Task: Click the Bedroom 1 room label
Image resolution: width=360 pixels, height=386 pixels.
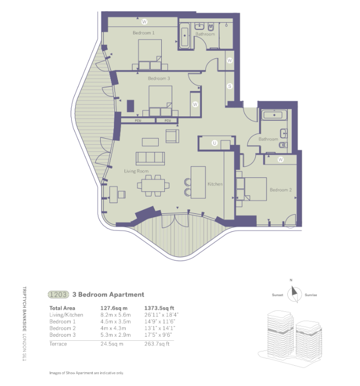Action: (x=143, y=33)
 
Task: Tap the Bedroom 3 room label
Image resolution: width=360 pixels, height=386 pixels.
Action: (x=159, y=79)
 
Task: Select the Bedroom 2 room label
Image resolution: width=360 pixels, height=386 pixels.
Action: (x=280, y=190)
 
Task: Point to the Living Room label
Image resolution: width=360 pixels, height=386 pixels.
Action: (x=136, y=171)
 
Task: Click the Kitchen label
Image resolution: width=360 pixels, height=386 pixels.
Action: (x=215, y=184)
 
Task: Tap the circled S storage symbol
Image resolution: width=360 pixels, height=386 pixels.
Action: (x=229, y=86)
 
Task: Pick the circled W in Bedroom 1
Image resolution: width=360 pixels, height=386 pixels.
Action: (x=144, y=21)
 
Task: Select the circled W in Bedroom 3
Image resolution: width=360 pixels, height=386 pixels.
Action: (x=195, y=105)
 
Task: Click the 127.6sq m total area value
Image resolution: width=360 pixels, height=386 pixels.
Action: (x=113, y=308)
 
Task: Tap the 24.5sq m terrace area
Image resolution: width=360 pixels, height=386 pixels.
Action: (x=111, y=344)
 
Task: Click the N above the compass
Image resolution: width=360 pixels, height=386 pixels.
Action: (x=291, y=280)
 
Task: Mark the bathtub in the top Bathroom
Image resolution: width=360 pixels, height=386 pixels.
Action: (x=185, y=36)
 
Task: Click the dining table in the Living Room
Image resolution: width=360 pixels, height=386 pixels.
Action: (x=152, y=185)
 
